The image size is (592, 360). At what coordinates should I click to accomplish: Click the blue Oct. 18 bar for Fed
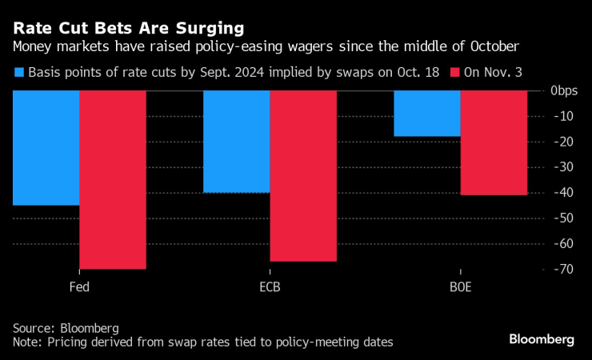click(x=46, y=148)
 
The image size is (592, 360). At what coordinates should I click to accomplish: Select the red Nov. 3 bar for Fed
click(x=112, y=180)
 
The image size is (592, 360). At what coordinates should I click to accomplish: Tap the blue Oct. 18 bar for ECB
click(x=236, y=142)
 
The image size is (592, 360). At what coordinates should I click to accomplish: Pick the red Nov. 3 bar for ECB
click(x=303, y=176)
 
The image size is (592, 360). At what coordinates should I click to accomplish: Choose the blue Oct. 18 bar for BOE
click(x=427, y=114)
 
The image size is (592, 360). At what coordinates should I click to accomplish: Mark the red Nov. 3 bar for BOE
click(x=494, y=142)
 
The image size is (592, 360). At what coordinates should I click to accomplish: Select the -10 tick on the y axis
click(x=566, y=116)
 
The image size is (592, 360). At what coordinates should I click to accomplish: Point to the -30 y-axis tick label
click(x=566, y=167)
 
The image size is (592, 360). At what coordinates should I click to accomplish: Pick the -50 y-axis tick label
click(x=566, y=218)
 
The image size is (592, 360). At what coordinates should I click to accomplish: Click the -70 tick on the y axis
click(x=566, y=270)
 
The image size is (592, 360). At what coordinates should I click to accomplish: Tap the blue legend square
click(x=18, y=72)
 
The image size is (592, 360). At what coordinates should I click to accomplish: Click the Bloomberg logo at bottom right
click(x=542, y=339)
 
